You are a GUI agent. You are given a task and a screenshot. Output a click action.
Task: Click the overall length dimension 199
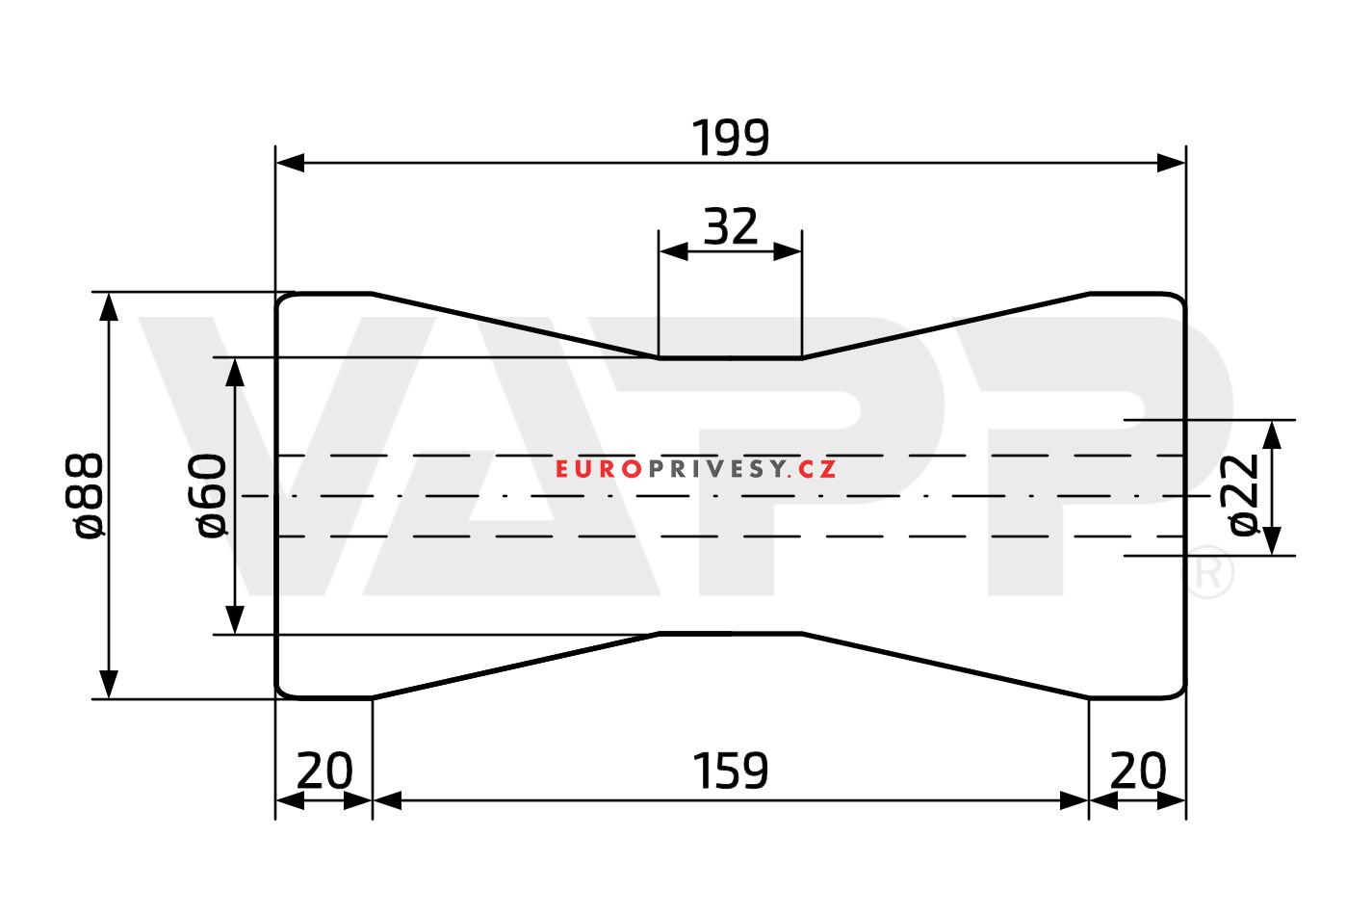730,138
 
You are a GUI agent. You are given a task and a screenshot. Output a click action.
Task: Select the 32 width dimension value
730,226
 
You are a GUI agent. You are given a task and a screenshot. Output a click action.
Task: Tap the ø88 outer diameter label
85,496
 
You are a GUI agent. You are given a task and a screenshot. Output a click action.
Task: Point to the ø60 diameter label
212,496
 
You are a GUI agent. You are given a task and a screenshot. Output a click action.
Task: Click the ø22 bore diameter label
1238,495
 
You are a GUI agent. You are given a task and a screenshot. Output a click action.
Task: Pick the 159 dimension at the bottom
730,771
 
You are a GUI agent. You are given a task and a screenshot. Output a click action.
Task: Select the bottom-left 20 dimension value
324,771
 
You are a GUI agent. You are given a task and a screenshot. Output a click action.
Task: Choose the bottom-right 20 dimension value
1137,771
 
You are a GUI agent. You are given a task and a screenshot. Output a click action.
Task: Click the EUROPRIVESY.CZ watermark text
696,469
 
